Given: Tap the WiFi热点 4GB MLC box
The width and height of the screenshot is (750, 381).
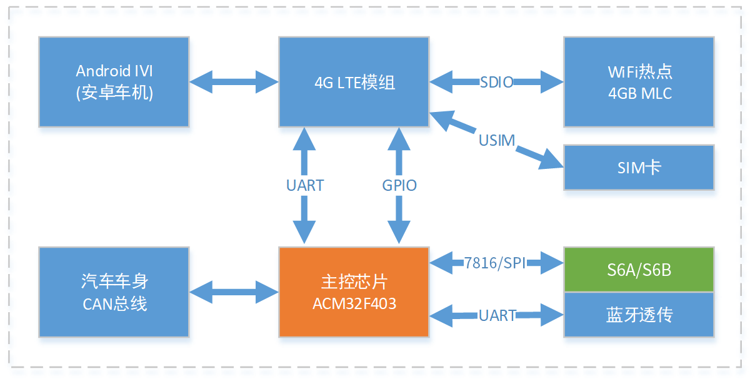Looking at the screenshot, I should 638,82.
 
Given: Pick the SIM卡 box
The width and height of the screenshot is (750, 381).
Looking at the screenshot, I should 638,167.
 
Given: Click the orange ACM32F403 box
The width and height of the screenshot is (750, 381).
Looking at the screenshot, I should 354,292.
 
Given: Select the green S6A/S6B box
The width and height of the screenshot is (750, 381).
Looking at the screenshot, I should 638,270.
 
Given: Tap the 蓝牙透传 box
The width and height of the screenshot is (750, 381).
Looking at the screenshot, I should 638,314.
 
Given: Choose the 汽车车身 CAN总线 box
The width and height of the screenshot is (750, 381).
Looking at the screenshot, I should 114,292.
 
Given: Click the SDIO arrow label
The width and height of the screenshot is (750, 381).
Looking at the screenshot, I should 497,82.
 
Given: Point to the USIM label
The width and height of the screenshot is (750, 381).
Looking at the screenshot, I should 497,140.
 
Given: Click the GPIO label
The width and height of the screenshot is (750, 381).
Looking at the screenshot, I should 399,185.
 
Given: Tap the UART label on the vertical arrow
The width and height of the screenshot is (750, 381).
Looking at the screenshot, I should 305,185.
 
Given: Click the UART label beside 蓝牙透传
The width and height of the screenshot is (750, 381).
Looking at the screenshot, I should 497,315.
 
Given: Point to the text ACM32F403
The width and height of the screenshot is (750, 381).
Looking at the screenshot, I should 354,304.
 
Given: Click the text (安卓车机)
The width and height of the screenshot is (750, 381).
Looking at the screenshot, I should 114,93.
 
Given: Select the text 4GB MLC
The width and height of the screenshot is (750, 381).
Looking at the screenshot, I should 638,93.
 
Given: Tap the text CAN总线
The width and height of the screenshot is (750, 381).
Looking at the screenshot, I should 114,304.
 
